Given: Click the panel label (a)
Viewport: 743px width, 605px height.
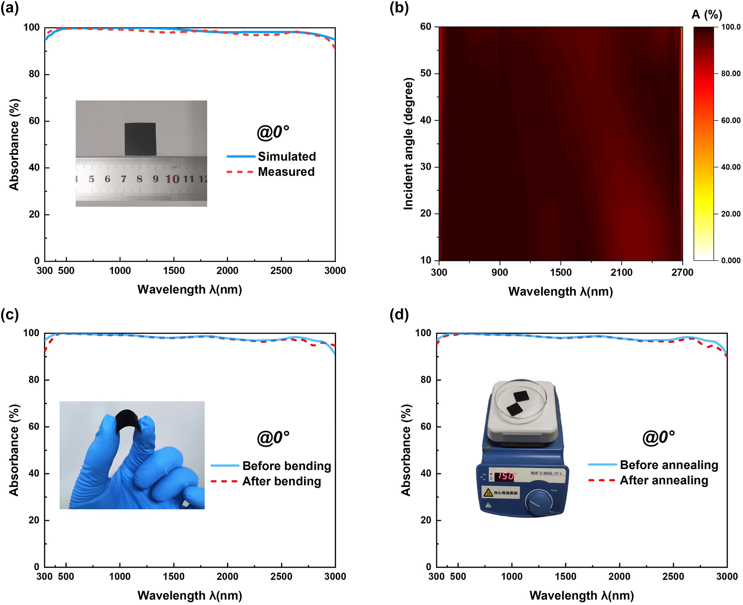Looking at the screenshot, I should pos(10,8).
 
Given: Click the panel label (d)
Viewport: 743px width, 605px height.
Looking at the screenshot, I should pos(399,315).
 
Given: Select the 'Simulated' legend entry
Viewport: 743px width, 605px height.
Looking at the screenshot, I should pos(287,157).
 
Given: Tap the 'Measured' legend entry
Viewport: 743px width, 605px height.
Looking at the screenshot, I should pos(286,172).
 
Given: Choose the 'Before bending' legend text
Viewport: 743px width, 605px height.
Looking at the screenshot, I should pos(287,466).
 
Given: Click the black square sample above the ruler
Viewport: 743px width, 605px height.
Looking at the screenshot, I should pos(140,139).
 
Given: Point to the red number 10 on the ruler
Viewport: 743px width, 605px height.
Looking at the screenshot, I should pos(172,179).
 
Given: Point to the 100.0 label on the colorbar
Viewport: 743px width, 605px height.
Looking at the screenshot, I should pos(731,27).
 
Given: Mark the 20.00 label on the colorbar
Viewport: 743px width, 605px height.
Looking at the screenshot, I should pos(731,214).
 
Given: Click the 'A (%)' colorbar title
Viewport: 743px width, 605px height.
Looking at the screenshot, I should pos(707,15).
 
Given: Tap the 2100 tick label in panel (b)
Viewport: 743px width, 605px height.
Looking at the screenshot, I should pos(621,273).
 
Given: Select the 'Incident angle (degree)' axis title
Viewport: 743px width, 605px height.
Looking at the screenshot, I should pos(408,144).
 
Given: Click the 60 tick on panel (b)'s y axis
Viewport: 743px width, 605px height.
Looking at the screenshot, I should pos(425,27).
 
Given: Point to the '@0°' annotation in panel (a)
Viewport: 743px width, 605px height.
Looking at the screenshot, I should pos(273,132).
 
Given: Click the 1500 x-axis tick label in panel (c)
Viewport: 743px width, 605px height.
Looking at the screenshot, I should pos(173,577).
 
